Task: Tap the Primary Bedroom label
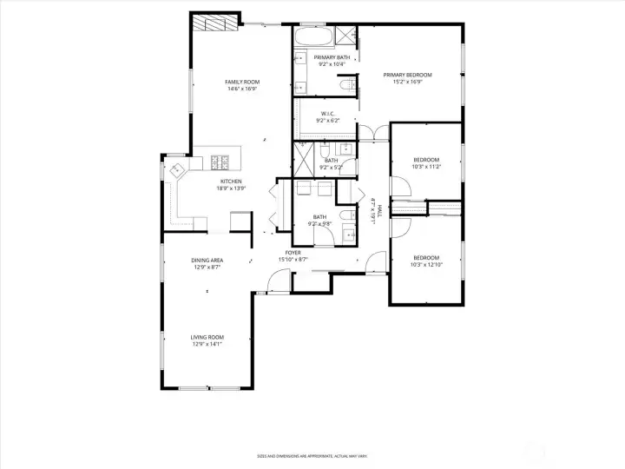coord(408,75)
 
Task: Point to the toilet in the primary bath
coord(345,83)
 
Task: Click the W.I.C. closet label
coord(328,113)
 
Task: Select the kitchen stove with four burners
coord(219,161)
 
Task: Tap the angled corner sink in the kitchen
coord(177,168)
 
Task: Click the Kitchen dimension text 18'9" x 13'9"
coord(231,188)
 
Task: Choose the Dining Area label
coord(207,261)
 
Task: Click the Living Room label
coord(207,337)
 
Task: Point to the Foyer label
coord(293,253)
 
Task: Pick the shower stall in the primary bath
coord(345,36)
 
